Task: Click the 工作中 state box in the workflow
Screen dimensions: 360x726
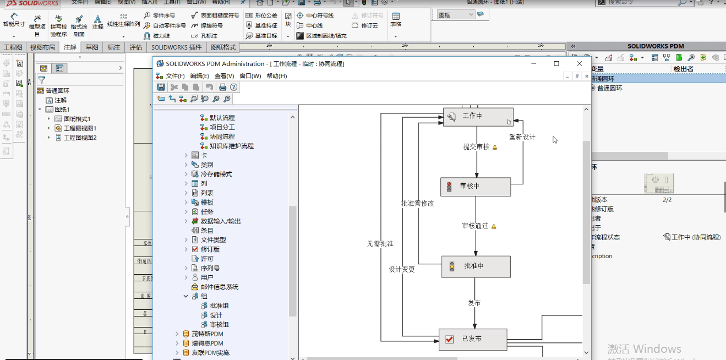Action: pos(478,117)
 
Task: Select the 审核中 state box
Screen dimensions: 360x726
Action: pos(476,187)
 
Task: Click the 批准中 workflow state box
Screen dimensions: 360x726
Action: pos(476,266)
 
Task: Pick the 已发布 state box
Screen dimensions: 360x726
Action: pos(472,339)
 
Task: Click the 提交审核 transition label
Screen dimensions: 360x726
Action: pos(476,147)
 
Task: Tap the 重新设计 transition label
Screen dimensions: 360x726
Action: pos(522,137)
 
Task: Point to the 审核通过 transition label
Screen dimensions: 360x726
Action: pos(475,226)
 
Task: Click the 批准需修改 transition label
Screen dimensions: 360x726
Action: pos(417,203)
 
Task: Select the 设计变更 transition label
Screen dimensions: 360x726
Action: pos(402,270)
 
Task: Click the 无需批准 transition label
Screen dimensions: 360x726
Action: pos(380,244)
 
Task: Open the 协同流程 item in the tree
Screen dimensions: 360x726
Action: pos(222,137)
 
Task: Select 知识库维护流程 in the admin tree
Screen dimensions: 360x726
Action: pos(231,146)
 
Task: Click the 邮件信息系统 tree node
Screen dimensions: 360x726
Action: pos(219,287)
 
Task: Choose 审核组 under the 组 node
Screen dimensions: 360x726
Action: pos(219,325)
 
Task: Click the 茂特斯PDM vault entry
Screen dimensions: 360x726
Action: pos(207,334)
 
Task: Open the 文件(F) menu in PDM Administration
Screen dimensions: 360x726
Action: pos(175,76)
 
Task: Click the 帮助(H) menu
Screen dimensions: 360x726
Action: pos(276,76)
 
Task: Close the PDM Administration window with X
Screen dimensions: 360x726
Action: pos(579,64)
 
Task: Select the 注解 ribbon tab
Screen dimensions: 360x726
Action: pos(70,47)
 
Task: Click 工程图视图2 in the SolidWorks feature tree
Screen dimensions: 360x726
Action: pos(80,138)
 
